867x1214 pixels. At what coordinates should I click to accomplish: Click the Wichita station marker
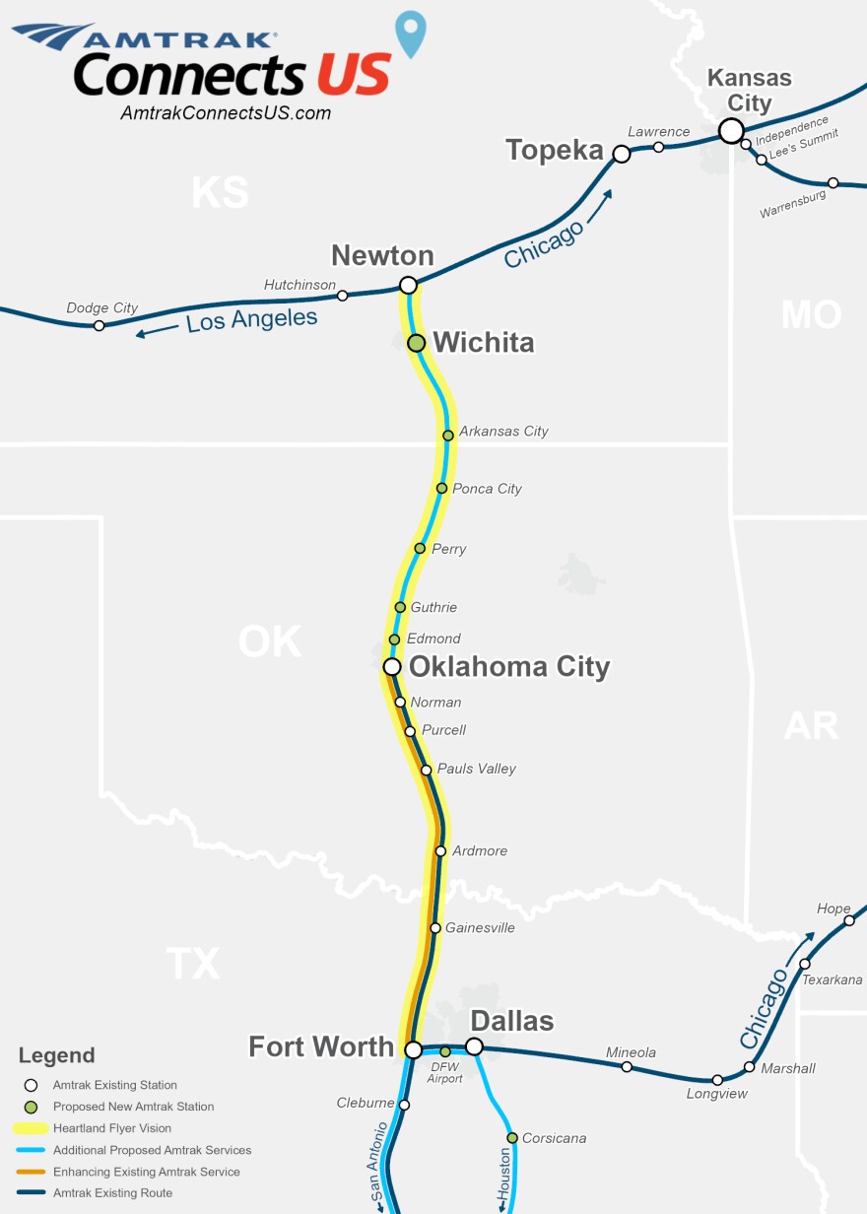417,343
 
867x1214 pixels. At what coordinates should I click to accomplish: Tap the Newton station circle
408,286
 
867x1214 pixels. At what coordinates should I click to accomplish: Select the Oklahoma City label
509,667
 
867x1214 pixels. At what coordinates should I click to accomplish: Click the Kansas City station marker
731,130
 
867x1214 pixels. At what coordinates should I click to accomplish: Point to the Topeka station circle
622,154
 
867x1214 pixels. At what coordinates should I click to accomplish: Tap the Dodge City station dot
100,325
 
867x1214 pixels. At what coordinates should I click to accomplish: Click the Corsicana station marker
512,1138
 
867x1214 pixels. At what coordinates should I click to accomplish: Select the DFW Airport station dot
445,1051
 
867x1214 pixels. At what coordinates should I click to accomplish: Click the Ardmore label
480,850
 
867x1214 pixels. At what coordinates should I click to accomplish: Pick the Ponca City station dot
442,489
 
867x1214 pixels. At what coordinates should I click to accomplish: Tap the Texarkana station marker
805,964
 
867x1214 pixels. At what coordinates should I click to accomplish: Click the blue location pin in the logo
411,33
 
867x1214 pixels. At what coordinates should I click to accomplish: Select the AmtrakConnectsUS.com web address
226,113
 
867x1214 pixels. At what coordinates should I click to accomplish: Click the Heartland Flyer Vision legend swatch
31,1128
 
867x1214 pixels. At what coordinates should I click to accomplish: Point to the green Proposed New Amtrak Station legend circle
31,1107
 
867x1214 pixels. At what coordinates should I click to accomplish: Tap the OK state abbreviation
269,642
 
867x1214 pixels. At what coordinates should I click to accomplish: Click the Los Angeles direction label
252,320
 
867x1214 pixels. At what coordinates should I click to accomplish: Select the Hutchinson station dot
343,296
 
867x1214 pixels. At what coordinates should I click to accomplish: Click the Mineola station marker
627,1067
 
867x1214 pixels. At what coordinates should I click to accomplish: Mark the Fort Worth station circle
414,1050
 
